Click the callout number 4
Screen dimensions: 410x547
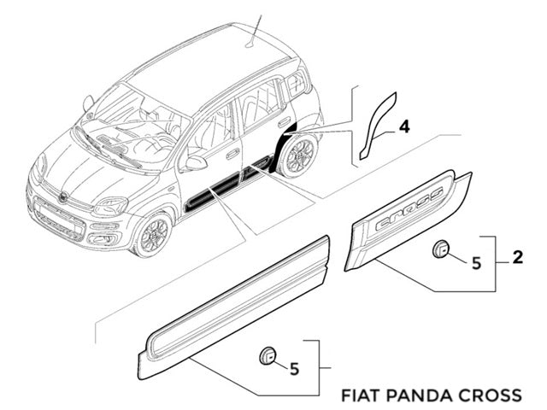click(404, 126)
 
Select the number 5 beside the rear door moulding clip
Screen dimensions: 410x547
click(476, 261)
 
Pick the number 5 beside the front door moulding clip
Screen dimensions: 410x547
click(294, 368)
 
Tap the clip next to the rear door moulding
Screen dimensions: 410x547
click(442, 249)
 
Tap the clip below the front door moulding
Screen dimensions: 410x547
click(268, 355)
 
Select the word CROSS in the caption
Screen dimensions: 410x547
click(490, 395)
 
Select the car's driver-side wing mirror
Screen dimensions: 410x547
click(197, 162)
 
